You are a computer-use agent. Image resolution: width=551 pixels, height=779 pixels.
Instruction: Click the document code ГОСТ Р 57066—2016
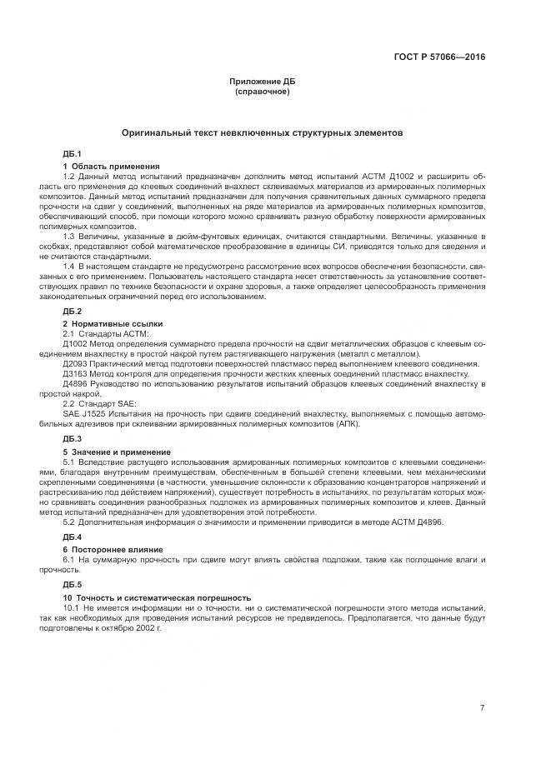439,57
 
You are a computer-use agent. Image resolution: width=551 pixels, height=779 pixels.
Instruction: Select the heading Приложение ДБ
263,82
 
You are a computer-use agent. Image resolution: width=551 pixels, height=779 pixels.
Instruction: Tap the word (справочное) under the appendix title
263,91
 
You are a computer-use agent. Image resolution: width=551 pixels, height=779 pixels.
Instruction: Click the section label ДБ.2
72,312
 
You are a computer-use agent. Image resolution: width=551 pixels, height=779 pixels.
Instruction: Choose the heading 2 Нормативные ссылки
113,323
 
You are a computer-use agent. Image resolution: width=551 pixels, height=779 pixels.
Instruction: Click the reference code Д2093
76,363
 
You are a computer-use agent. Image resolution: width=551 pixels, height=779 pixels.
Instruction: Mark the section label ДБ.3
72,438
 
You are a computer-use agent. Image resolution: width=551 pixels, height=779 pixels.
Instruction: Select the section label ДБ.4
72,537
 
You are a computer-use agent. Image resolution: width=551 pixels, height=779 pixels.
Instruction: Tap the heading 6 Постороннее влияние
113,550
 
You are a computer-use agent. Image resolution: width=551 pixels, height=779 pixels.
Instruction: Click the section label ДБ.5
72,586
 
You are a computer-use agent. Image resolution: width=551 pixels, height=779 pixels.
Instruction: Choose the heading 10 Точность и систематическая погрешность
157,598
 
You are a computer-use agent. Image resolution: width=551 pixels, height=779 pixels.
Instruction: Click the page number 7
482,708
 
